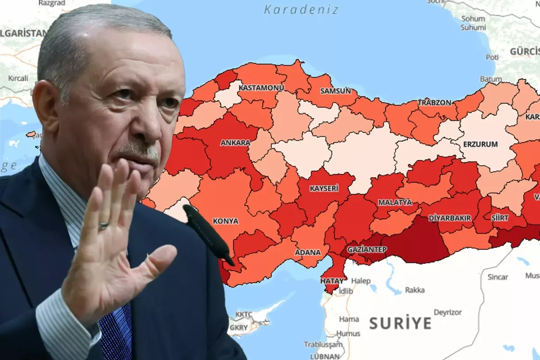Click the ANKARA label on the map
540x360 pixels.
click(235, 143)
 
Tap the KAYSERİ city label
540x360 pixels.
click(324, 189)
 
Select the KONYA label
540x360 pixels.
click(225, 221)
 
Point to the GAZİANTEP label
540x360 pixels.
click(367, 249)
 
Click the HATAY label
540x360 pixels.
click(332, 281)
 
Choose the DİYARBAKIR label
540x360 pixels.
click(450, 218)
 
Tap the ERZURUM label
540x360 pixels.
click(481, 144)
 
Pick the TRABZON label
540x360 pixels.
click(434, 103)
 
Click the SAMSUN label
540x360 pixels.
click(335, 91)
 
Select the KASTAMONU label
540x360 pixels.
click(261, 87)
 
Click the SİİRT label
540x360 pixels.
click(500, 218)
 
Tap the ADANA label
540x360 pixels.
click(308, 252)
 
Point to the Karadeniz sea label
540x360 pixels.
click(301, 9)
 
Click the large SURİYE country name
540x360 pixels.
click(400, 323)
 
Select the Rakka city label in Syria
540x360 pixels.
click(414, 290)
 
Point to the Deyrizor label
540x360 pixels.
click(448, 312)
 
